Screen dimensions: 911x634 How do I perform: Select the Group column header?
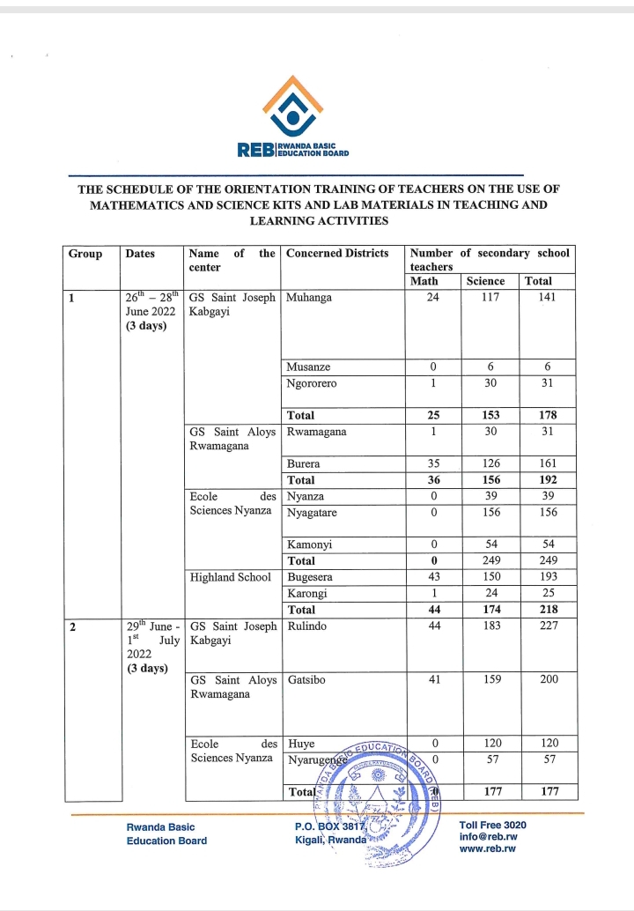85,254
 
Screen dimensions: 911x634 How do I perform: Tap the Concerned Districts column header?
337,254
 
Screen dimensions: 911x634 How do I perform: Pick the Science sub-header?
486,281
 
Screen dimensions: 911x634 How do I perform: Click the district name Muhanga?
309,298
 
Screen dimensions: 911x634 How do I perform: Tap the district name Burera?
304,463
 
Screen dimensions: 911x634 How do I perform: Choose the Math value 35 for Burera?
433,463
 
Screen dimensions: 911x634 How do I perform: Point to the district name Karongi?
307,593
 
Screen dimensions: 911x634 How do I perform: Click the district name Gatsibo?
307,680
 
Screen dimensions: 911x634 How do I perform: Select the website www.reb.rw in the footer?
488,848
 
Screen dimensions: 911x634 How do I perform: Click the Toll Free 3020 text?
493,825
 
